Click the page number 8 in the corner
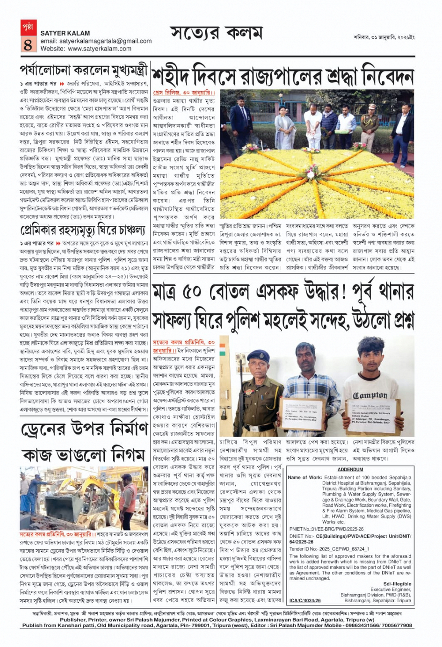28,44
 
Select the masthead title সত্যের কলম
216,34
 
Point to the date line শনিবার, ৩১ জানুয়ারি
384,37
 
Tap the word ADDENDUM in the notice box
350,469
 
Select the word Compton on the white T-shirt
370,395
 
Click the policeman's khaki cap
258,357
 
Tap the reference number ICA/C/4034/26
305,601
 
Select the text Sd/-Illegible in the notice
397,584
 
